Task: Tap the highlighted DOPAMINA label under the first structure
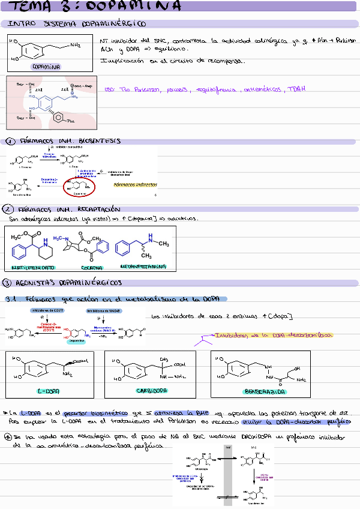coord(46,67)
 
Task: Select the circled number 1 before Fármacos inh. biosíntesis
coord(11,142)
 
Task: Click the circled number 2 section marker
coord(8,209)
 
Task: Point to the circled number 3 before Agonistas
coord(7,283)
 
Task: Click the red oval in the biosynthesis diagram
coord(79,188)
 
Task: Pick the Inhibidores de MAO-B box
coord(103,310)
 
